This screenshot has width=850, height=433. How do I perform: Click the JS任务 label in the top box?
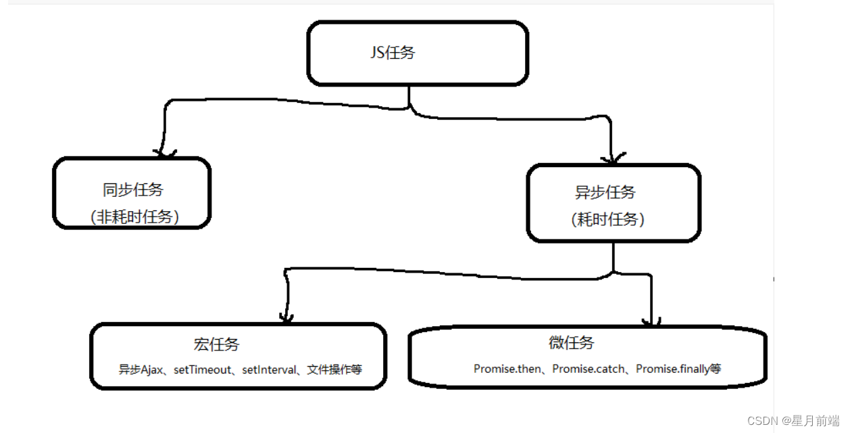(x=393, y=53)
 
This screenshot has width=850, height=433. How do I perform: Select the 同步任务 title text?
(x=133, y=190)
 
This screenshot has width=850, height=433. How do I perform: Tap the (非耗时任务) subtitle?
(x=134, y=216)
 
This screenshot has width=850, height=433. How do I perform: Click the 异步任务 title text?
(x=605, y=192)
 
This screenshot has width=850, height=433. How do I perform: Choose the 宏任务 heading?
(x=216, y=344)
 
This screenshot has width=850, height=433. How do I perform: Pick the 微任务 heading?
(x=572, y=342)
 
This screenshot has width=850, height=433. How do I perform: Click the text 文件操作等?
(x=334, y=369)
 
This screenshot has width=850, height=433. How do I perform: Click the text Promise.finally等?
(x=678, y=369)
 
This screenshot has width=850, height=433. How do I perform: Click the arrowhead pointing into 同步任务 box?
(x=164, y=152)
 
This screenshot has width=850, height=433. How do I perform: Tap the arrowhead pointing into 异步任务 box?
(x=611, y=158)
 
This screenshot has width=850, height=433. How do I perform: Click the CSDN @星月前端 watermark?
(x=793, y=421)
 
